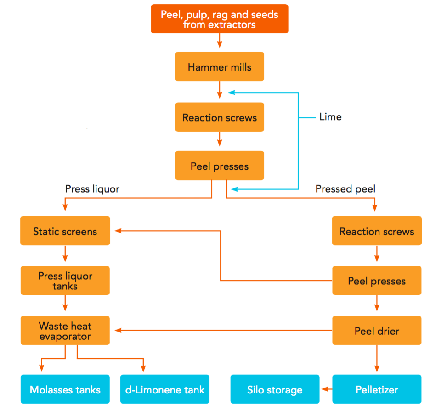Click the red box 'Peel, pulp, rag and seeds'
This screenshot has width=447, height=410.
[220, 19]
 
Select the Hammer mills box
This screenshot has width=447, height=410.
[220, 67]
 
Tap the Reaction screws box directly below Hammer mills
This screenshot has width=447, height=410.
[220, 117]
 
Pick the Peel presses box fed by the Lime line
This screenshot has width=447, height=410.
[220, 166]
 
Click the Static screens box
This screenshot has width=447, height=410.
[65, 231]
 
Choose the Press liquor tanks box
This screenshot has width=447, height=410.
[65, 281]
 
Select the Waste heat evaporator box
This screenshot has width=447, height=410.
[65, 331]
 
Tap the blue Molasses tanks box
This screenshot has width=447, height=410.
[65, 390]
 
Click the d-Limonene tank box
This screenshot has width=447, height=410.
[165, 390]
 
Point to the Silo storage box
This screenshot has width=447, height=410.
[275, 390]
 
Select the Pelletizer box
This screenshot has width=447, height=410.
[377, 390]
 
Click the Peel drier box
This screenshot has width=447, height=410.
[377, 331]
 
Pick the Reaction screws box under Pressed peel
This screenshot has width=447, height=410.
[377, 231]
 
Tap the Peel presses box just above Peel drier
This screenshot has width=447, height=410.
[377, 281]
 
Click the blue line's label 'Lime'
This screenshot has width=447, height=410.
[330, 117]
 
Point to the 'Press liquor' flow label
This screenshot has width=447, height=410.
[92, 189]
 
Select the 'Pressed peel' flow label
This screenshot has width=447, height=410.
[345, 189]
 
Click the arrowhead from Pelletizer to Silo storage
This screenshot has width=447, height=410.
[324, 390]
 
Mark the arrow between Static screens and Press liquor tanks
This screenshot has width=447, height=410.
[65, 254]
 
